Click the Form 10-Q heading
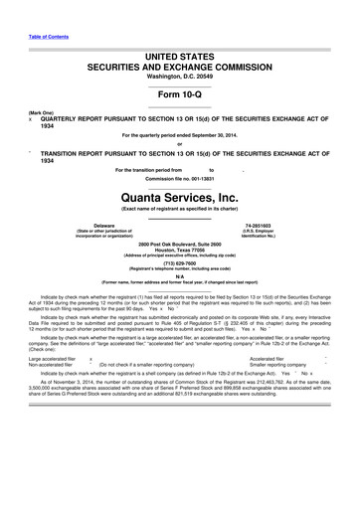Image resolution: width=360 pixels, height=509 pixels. [179, 92]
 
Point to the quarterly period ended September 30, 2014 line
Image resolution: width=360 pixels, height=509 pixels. [179, 133]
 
